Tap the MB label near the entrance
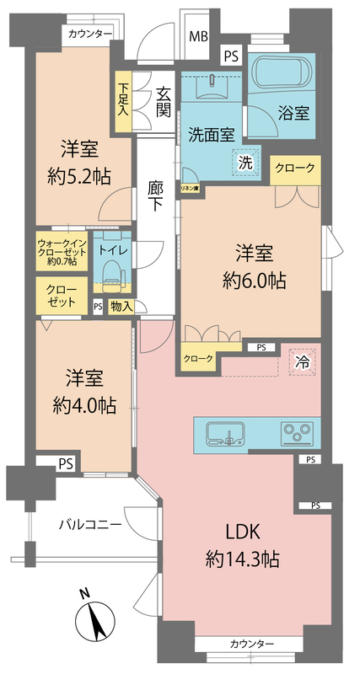(x=198, y=36)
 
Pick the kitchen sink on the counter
(x=228, y=435)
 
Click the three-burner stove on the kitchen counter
(x=297, y=434)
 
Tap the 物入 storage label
(x=121, y=306)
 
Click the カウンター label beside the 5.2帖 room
(x=90, y=33)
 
